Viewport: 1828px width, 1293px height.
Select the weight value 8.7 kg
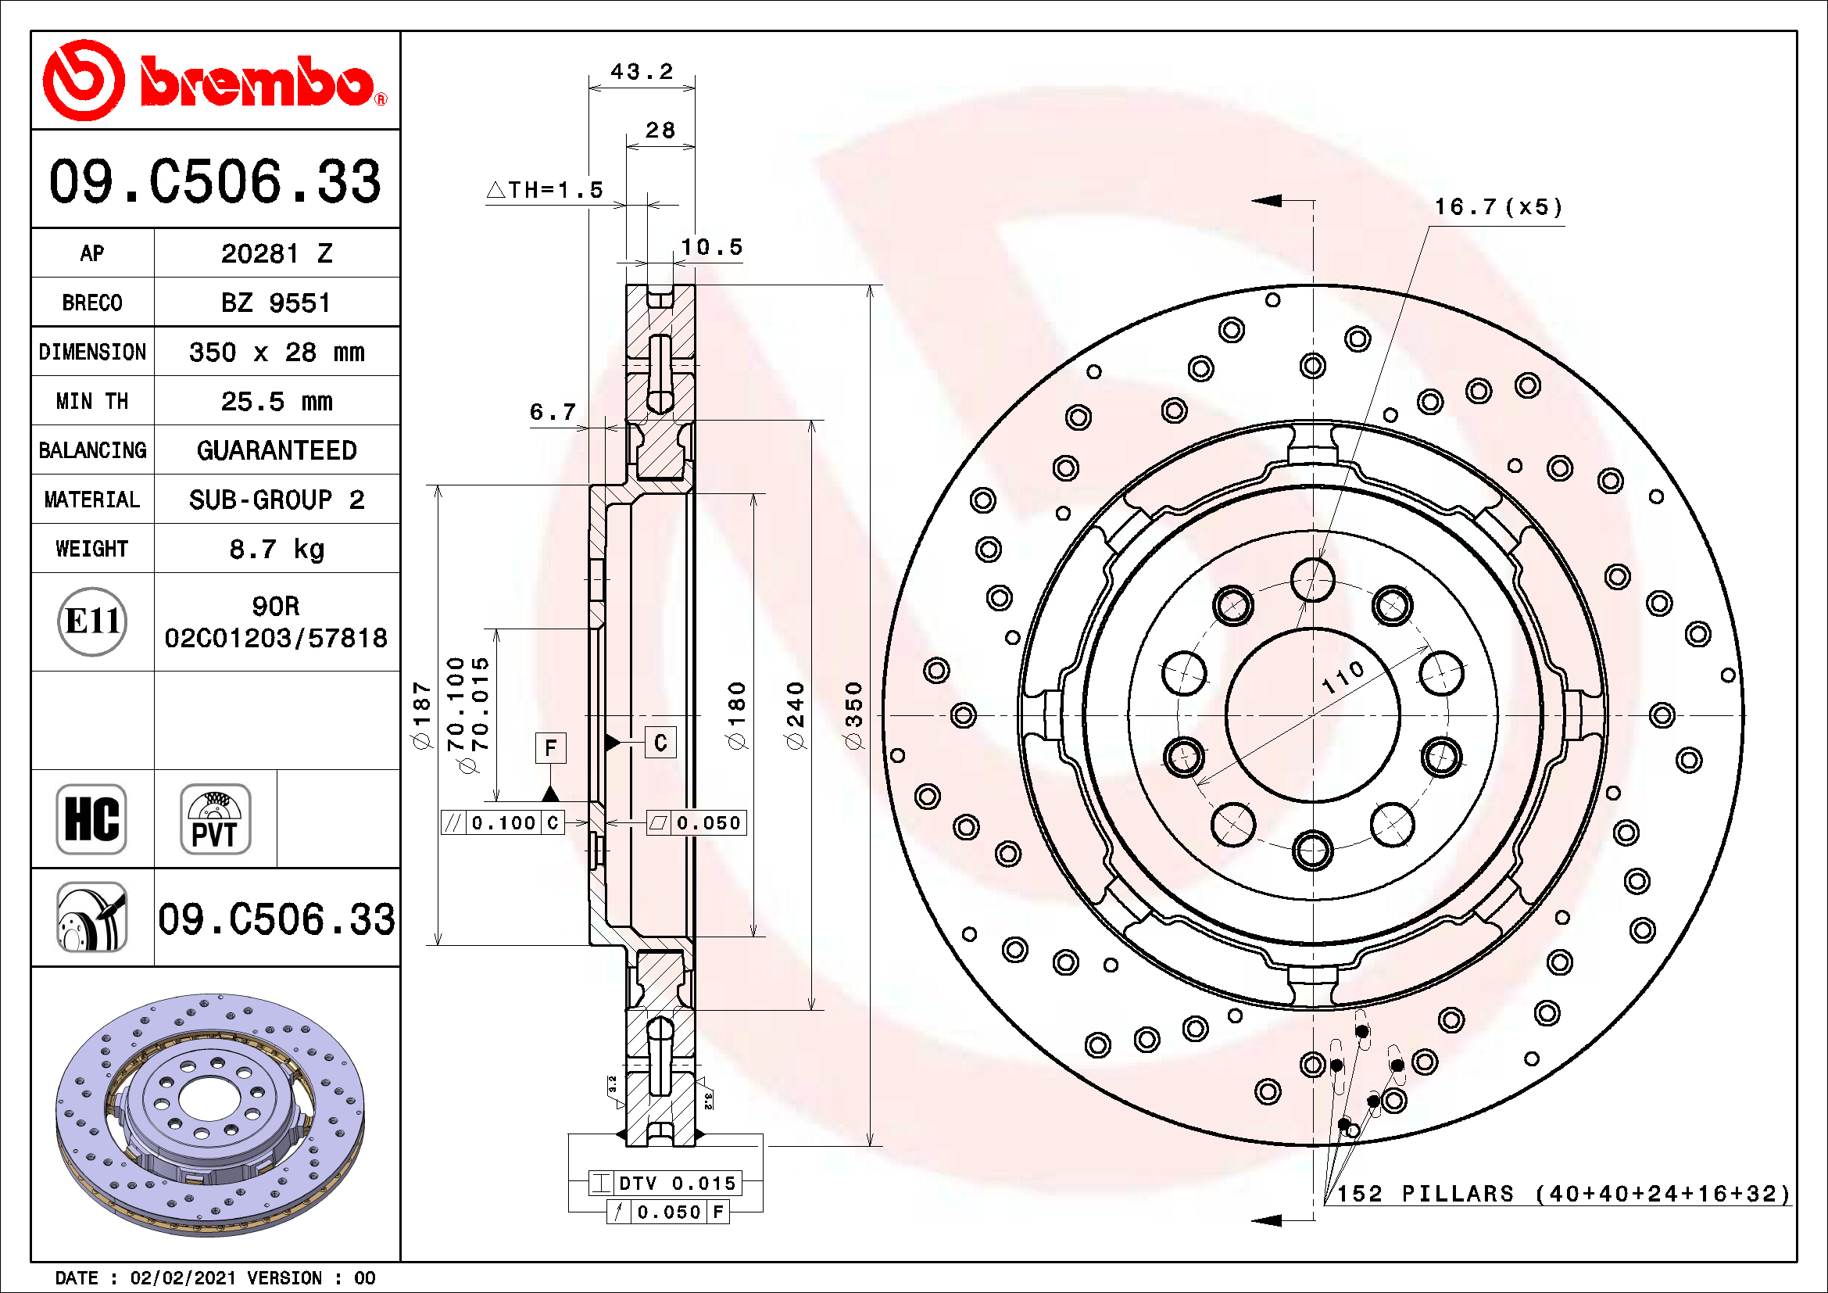pos(276,549)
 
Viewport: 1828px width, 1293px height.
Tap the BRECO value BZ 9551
pos(275,303)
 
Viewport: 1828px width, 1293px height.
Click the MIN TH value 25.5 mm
pos(276,401)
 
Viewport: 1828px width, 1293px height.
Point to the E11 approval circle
pos(92,621)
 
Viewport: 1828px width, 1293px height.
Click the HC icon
pos(91,818)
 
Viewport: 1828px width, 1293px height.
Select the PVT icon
pos(215,818)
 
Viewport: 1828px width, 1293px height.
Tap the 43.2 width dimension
pos(642,72)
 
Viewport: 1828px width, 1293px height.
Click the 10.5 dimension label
pos(712,247)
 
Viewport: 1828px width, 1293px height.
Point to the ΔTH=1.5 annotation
pos(546,189)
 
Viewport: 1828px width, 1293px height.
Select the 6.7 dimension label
pos(553,412)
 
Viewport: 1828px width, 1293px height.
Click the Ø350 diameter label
pos(853,715)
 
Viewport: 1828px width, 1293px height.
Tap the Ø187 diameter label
pos(421,715)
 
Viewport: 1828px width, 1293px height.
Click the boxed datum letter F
pos(550,747)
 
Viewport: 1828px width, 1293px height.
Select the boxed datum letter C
pos(660,742)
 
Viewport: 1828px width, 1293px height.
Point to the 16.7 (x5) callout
pos(1497,207)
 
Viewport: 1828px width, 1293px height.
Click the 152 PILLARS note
pos(1563,1193)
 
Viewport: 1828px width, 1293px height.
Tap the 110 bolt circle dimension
pos(1343,677)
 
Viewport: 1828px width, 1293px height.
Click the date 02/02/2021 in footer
pos(183,1277)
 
